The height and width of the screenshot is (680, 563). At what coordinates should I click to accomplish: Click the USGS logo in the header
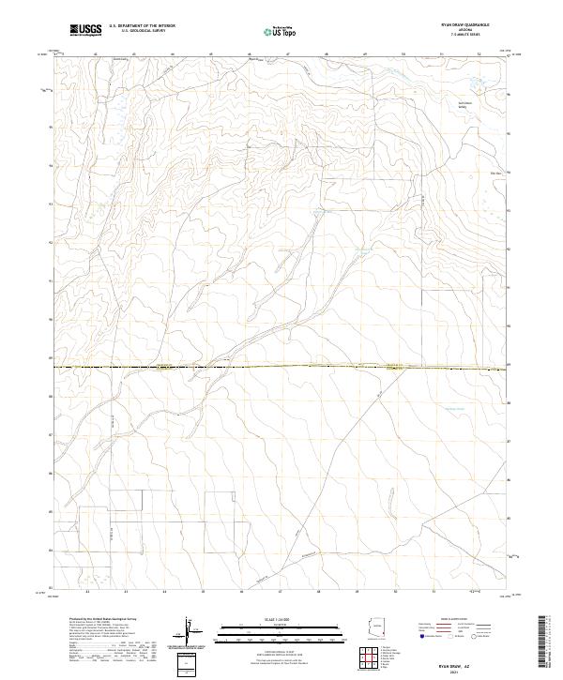[x=85, y=30]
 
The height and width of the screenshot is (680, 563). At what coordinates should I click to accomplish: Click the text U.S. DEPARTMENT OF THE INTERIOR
[x=142, y=26]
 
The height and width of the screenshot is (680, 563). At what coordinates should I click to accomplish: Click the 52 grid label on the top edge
[x=479, y=54]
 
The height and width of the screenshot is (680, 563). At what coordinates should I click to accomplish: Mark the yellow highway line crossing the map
[x=281, y=366]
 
